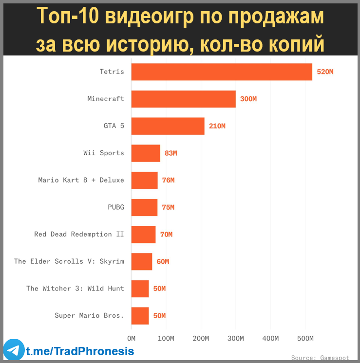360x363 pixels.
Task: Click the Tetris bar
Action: pos(222,72)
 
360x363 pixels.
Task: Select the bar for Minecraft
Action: pos(184,99)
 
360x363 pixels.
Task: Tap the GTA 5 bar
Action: pos(168,126)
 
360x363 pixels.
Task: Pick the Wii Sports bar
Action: pos(146,153)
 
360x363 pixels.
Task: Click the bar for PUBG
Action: pos(144,207)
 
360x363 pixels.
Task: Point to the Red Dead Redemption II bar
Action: pos(143,235)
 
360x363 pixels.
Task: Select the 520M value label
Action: pos(325,72)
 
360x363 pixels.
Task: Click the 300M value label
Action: pos(248,99)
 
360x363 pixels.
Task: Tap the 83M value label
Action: pos(171,153)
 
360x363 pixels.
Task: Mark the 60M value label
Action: pos(163,262)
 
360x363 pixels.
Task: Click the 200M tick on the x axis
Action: pos(201,338)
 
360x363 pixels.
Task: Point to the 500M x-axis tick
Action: pos(305,338)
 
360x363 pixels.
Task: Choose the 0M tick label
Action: pos(131,338)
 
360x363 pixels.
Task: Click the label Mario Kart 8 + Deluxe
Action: pos(81,180)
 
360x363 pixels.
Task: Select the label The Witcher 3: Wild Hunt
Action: pos(75,289)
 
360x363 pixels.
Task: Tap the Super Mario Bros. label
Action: pos(89,316)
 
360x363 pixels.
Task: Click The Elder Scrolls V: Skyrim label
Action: pos(69,261)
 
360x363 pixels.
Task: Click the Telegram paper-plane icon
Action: pos(14,350)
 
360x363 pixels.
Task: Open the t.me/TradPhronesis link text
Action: pos(80,351)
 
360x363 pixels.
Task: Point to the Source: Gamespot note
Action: pos(320,358)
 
